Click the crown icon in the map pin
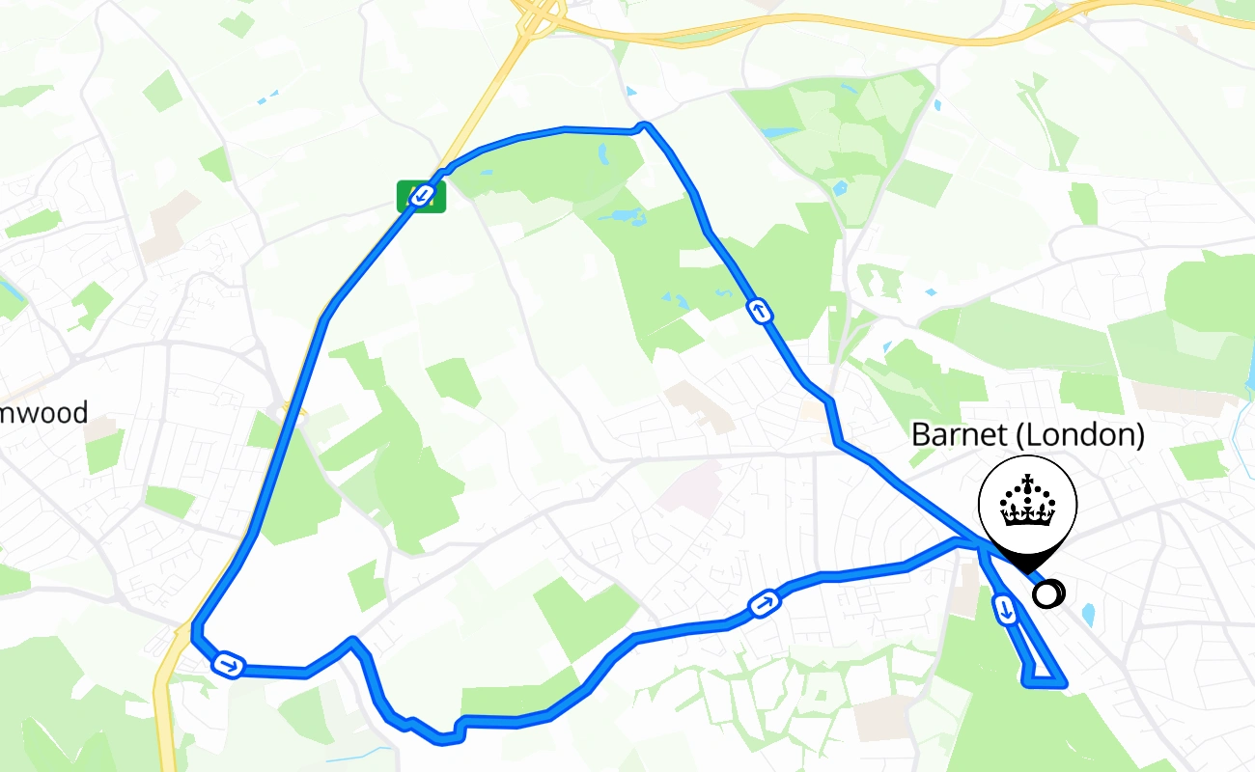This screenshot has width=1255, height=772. point(1028,504)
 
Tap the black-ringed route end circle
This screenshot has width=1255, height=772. point(1046,593)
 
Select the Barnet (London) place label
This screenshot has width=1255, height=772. point(1027,435)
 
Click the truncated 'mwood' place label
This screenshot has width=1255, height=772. point(43,413)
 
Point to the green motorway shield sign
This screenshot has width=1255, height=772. point(422,196)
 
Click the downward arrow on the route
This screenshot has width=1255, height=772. point(1005,609)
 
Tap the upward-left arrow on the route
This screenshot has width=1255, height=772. point(760,311)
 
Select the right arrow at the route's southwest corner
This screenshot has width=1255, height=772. point(228,665)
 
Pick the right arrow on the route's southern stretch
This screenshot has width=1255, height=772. point(764,605)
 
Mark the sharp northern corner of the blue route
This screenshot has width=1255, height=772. point(645,124)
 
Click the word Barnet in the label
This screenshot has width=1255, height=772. point(958,435)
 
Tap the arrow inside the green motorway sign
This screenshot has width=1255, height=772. point(422,196)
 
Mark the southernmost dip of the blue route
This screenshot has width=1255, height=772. point(444,740)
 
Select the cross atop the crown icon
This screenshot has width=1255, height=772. point(1028,482)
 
